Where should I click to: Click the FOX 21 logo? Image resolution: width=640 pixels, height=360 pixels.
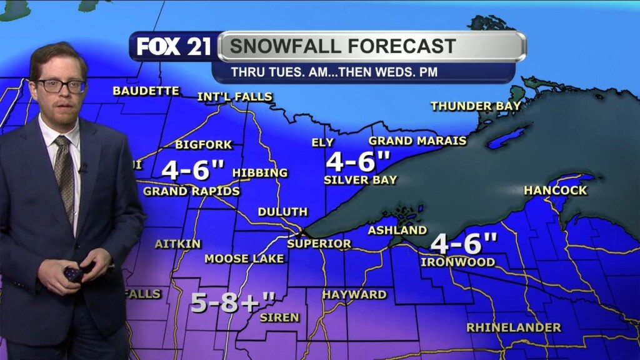click(174, 47)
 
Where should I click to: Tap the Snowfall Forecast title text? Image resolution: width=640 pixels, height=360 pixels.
click(342, 46)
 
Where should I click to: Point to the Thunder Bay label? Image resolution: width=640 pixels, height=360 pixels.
click(476, 106)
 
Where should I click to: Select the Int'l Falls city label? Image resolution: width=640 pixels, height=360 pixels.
click(235, 97)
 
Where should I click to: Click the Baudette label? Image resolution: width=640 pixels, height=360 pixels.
click(146, 91)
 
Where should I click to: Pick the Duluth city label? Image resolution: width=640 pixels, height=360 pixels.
click(282, 212)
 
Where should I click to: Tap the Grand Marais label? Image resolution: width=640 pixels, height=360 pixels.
click(417, 141)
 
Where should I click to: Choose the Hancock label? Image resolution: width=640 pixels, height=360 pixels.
click(556, 190)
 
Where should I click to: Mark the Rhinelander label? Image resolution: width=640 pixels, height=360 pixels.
click(514, 327)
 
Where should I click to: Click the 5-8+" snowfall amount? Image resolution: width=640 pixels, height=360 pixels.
click(232, 302)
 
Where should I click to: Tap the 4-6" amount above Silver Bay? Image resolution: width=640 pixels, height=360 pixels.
click(358, 162)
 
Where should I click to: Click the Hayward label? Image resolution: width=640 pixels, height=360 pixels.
click(354, 294)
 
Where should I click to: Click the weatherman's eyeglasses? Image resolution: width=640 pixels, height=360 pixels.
click(61, 86)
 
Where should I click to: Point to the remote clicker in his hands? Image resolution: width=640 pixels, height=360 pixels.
click(74, 274)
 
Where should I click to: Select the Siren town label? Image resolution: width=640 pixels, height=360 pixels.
click(279, 317)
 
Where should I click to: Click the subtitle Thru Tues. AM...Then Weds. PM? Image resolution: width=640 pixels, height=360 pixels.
click(334, 72)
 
